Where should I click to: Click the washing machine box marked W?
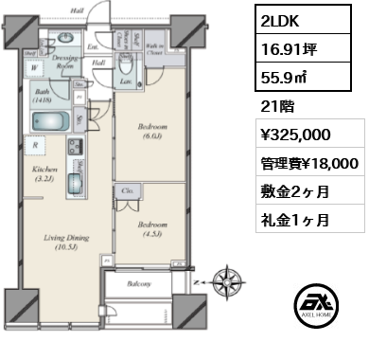click(x=35, y=68)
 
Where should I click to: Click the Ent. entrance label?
click(x=94, y=46)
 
